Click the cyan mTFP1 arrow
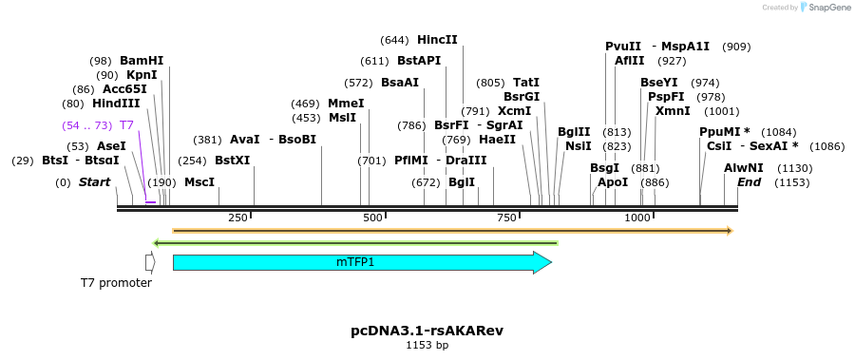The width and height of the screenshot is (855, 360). (x=361, y=262)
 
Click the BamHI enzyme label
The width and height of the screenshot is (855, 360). (x=142, y=61)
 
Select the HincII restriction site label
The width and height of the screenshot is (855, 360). (x=437, y=40)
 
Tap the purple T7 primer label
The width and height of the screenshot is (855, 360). (x=126, y=125)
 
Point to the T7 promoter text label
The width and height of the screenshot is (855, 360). (x=116, y=283)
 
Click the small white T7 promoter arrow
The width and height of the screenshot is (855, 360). (x=149, y=262)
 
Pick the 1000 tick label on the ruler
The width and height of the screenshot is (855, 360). (x=636, y=218)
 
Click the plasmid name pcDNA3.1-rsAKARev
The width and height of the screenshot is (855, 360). (x=427, y=331)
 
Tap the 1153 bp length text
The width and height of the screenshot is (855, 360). (x=427, y=345)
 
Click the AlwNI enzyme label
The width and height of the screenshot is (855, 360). (x=743, y=167)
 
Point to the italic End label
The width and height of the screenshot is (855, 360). (x=749, y=181)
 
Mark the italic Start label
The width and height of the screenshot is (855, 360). (x=94, y=181)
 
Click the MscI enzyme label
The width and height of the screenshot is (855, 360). (x=199, y=181)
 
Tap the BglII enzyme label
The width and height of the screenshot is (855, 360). (x=574, y=132)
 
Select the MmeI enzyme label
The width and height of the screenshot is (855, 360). (x=346, y=104)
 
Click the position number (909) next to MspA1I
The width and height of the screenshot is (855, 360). (x=736, y=47)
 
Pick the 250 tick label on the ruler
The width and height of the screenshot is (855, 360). (x=237, y=218)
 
